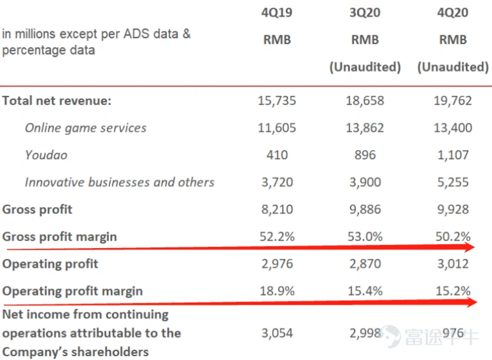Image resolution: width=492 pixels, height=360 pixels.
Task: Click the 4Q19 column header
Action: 277,13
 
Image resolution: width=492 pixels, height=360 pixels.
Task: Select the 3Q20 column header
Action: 365,13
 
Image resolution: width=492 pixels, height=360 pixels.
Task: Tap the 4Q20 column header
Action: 453,13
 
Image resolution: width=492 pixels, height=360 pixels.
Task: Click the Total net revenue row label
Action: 57,100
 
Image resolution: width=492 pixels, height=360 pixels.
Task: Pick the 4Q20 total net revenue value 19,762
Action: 453,100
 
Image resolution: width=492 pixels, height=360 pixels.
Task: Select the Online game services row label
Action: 86,128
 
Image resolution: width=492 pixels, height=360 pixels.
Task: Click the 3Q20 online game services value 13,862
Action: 365,128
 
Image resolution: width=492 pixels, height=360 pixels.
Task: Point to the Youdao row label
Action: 46,155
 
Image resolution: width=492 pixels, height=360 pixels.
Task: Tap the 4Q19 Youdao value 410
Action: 277,155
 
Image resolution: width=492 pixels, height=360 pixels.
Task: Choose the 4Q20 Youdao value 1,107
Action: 453,155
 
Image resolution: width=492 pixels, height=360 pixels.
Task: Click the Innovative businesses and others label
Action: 120,182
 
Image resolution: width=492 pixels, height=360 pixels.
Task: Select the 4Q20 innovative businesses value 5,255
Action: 453,182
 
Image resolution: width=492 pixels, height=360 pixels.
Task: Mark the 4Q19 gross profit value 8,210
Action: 277,209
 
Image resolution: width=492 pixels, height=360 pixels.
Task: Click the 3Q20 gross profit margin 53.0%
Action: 365,237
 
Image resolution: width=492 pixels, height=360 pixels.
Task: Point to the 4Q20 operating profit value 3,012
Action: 453,264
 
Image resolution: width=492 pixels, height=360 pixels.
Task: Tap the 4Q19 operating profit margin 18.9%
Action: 277,291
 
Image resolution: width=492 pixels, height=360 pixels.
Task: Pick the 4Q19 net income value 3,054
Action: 277,333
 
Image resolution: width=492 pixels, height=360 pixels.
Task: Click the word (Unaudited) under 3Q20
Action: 365,67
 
